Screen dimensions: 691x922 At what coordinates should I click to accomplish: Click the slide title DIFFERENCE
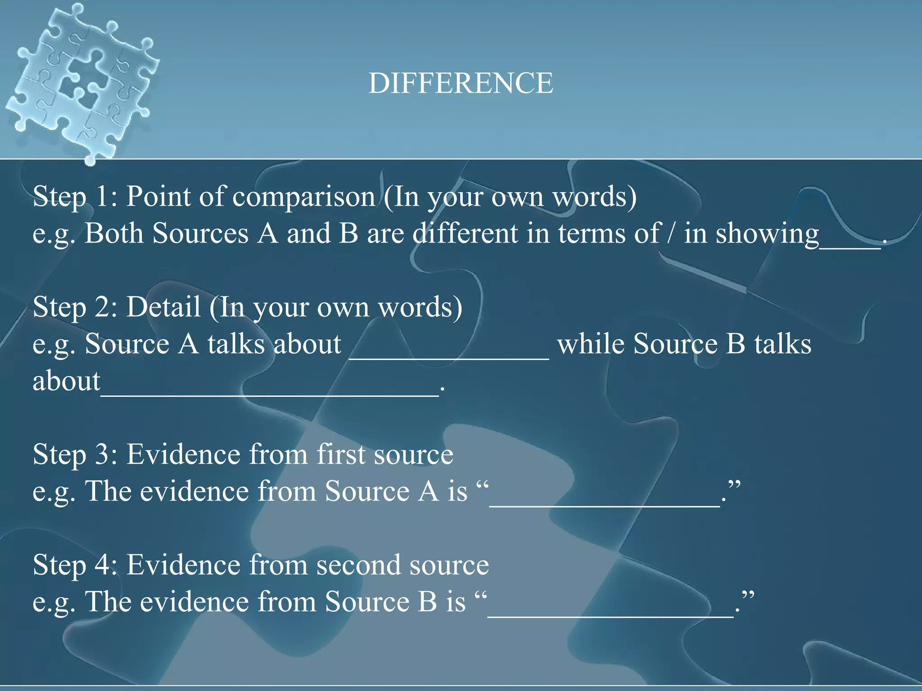click(x=461, y=83)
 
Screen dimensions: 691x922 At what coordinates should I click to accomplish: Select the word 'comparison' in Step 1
click(x=303, y=197)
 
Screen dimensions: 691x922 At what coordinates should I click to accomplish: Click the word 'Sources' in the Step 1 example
click(x=200, y=233)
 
